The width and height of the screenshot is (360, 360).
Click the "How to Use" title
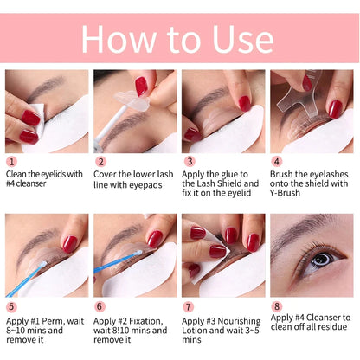(x=179, y=38)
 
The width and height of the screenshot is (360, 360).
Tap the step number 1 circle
(x=11, y=161)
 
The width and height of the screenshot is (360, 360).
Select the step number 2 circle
(x=100, y=161)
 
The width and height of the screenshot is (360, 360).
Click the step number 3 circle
(x=189, y=161)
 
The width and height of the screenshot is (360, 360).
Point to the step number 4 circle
(x=277, y=161)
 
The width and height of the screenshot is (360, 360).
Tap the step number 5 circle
(x=11, y=306)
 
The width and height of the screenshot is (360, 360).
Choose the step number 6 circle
(x=100, y=306)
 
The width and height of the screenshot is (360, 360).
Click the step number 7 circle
(x=189, y=306)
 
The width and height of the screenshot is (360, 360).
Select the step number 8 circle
(x=277, y=306)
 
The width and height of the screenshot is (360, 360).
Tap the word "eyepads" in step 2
(x=152, y=183)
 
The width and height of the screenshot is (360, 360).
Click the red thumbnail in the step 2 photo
(x=141, y=86)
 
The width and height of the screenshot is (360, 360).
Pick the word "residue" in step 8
(x=331, y=329)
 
